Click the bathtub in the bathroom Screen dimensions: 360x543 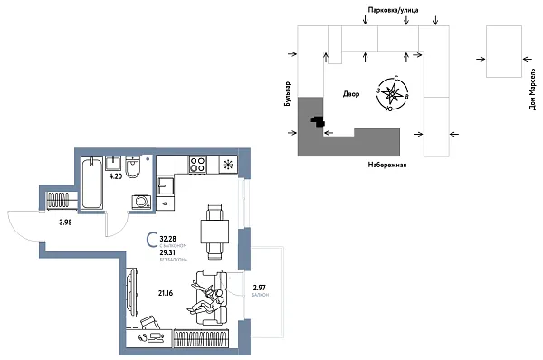coord(91,184)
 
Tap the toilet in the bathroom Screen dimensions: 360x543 coord(132,169)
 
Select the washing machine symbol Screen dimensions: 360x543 coord(140,201)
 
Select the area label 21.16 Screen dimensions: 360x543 coord(166,292)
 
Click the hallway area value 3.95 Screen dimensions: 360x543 coord(64,222)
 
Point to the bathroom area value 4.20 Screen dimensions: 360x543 coord(116,177)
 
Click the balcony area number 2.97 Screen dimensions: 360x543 coord(261,288)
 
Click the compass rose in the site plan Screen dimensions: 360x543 coord(392,93)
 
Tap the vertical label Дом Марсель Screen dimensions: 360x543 coord(531,91)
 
